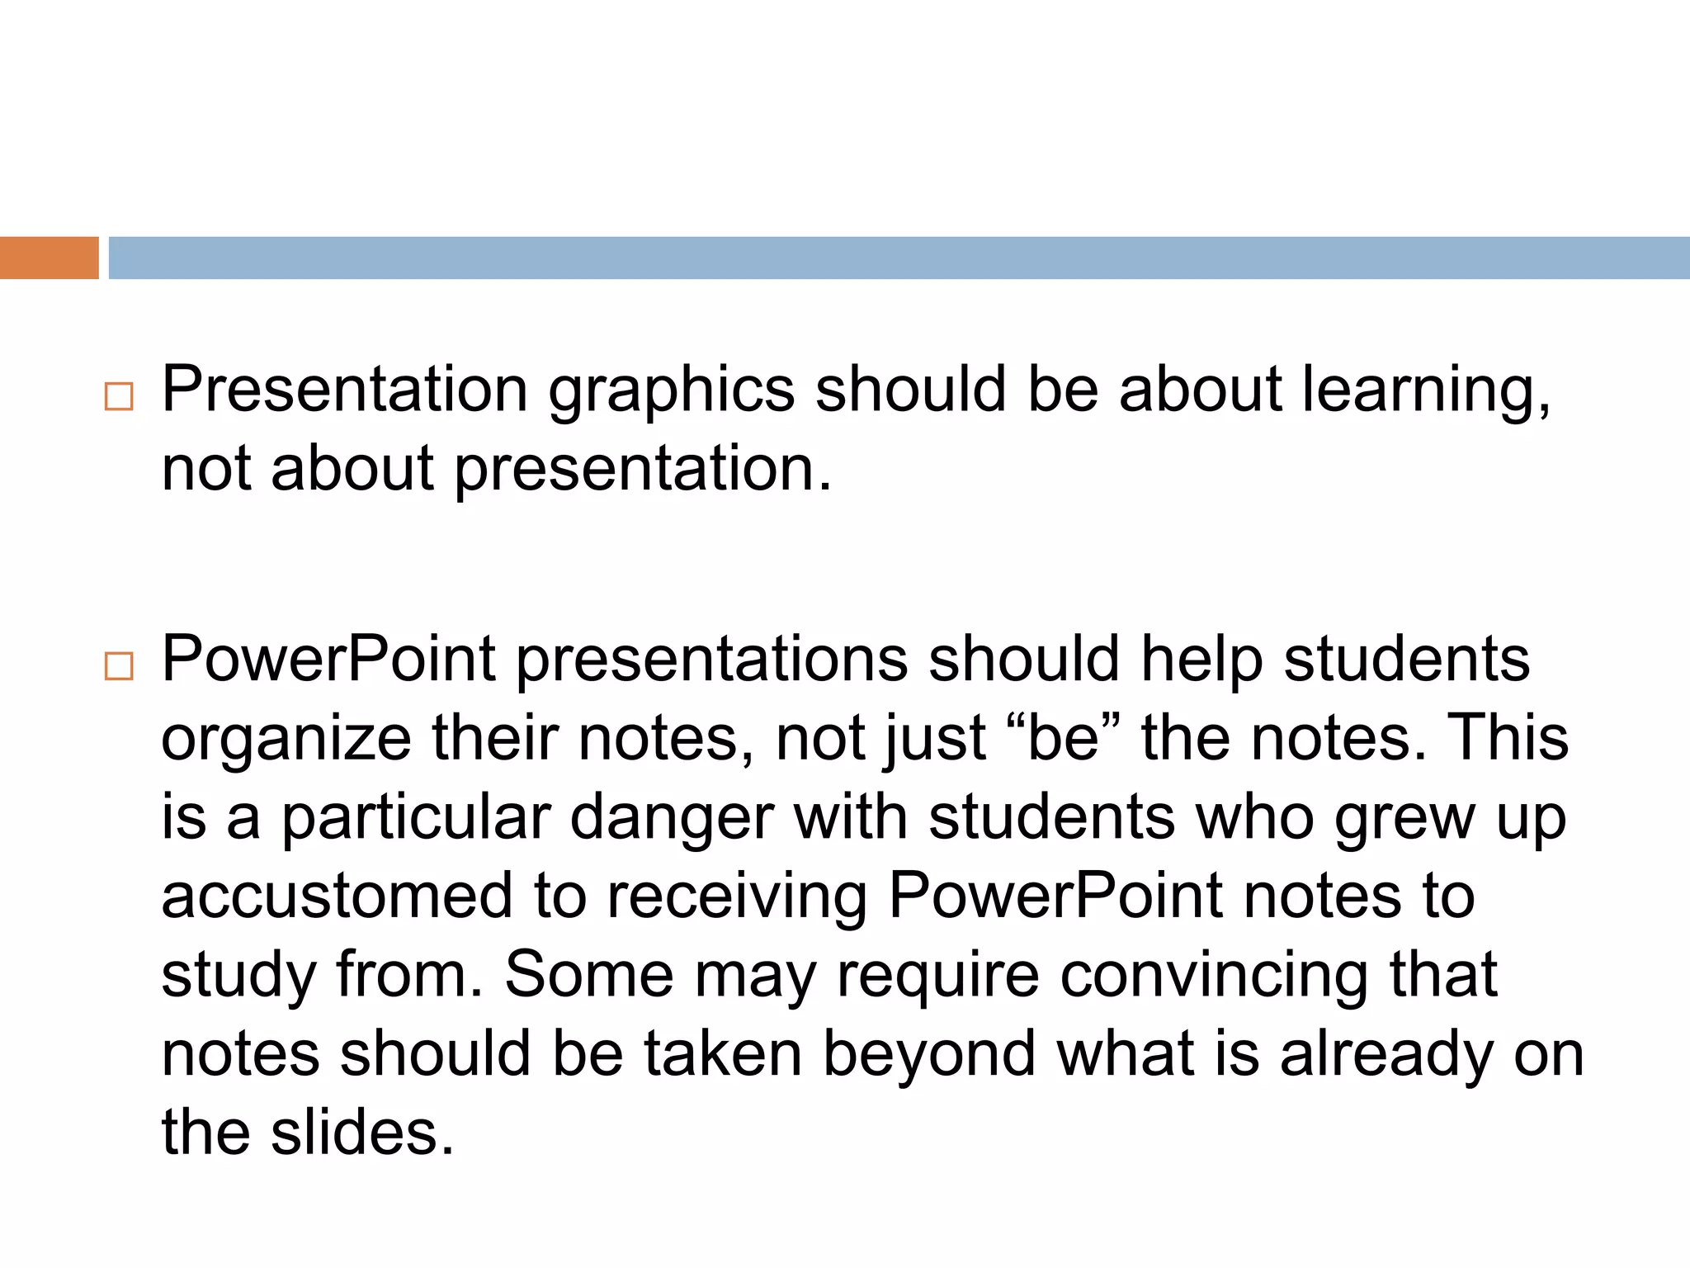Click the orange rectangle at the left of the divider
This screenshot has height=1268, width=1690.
tap(49, 258)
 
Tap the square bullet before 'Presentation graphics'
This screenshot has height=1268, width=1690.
tap(119, 397)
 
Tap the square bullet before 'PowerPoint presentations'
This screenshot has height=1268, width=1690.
tap(119, 666)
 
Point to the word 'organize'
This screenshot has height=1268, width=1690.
tap(286, 740)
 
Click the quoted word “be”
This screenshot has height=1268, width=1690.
tap(1065, 738)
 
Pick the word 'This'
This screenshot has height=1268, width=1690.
tap(1508, 738)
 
